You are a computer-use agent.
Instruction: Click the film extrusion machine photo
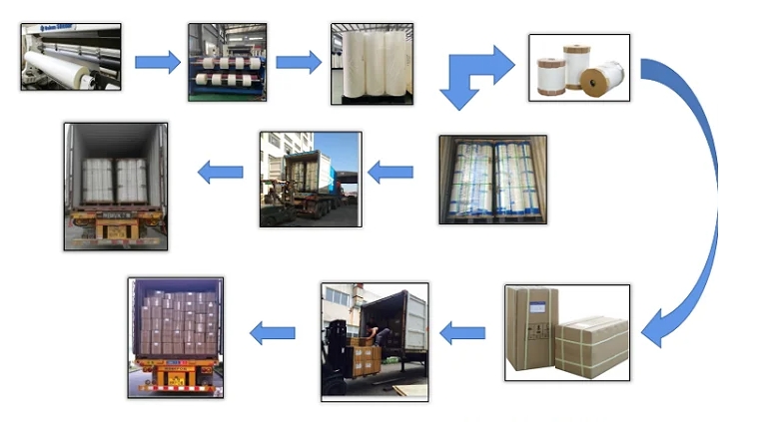click(x=70, y=57)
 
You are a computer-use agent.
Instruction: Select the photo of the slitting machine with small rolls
click(x=229, y=62)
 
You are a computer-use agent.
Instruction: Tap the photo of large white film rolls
click(x=372, y=64)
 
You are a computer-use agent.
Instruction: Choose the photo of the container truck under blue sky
click(x=310, y=180)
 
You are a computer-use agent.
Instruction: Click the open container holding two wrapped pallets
click(x=116, y=186)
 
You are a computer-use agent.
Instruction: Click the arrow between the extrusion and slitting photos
click(x=156, y=62)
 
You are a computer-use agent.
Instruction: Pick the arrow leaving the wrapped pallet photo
click(x=390, y=172)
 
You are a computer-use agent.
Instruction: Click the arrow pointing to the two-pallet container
click(x=220, y=173)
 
